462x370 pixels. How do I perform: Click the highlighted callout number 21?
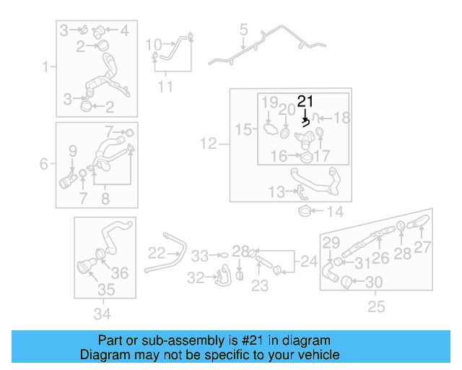306,102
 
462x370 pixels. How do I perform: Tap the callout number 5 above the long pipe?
243,30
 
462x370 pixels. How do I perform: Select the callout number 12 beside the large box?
209,145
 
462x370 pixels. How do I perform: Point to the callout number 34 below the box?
103,314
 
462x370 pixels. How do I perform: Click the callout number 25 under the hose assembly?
376,307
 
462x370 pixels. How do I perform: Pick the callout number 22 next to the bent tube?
157,252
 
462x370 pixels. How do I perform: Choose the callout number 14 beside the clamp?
336,212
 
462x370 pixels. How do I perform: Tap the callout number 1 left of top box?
46,67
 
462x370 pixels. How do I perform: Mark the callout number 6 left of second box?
44,164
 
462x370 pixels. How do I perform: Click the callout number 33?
199,255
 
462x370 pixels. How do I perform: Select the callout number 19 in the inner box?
269,103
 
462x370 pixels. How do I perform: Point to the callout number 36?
120,272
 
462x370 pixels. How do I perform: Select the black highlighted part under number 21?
306,122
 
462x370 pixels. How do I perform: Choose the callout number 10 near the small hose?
153,45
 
